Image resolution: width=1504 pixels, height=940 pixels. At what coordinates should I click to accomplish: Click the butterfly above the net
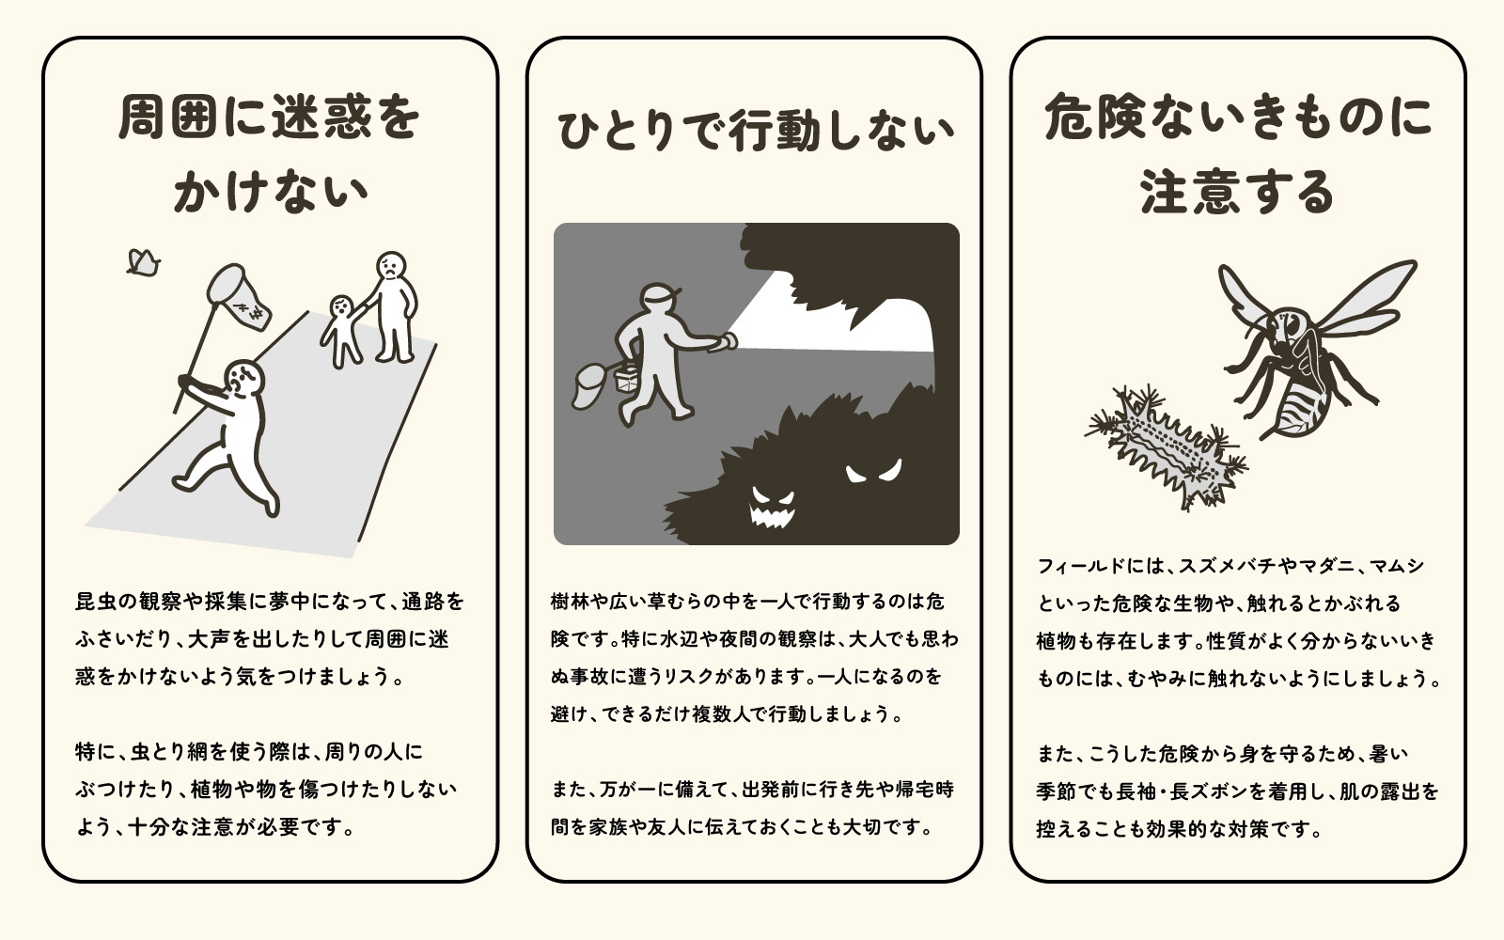tap(143, 262)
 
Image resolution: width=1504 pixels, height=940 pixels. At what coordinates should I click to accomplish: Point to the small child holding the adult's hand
tap(342, 331)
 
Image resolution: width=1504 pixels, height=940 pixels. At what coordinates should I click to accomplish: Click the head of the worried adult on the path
tap(391, 268)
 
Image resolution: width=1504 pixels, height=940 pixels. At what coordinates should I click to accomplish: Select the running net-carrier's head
tap(243, 379)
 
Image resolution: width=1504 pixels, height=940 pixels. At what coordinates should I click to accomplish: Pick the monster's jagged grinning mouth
tap(772, 516)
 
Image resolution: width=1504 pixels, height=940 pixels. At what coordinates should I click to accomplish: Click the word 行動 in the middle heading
tap(775, 131)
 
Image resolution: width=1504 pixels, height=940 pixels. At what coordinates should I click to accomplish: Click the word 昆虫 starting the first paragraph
tap(95, 601)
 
